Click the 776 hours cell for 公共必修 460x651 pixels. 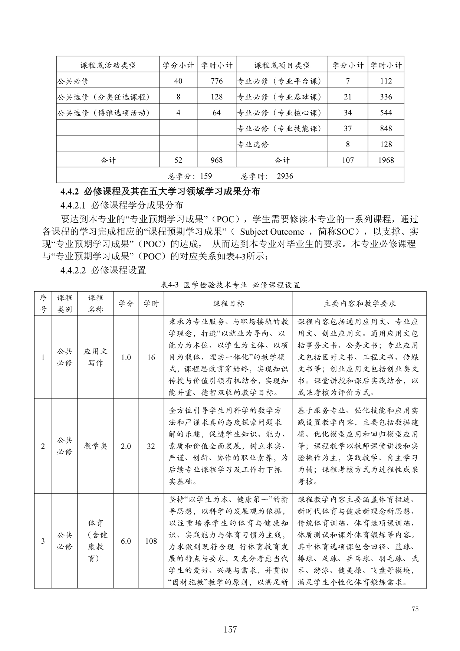(x=216, y=81)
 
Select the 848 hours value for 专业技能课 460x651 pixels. (x=386, y=128)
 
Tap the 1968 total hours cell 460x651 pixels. (x=386, y=160)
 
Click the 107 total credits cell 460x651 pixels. (x=348, y=160)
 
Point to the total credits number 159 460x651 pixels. (x=206, y=176)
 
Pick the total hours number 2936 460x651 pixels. (x=285, y=176)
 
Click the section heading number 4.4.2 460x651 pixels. (x=70, y=192)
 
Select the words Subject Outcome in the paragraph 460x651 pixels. (x=272, y=232)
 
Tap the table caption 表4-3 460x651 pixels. (x=170, y=285)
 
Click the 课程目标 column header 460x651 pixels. (x=228, y=304)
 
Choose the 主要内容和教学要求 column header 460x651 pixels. (x=359, y=304)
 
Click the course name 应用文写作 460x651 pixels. (x=95, y=357)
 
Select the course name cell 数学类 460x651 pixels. (x=95, y=446)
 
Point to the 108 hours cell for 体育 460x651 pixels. (x=151, y=541)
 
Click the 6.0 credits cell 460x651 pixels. (x=126, y=541)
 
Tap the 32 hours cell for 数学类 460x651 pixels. (x=151, y=446)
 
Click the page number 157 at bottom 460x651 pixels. (x=230, y=629)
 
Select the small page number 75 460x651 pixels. (x=415, y=609)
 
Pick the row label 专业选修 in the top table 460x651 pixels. (x=253, y=144)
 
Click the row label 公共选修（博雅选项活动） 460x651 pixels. (x=103, y=113)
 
